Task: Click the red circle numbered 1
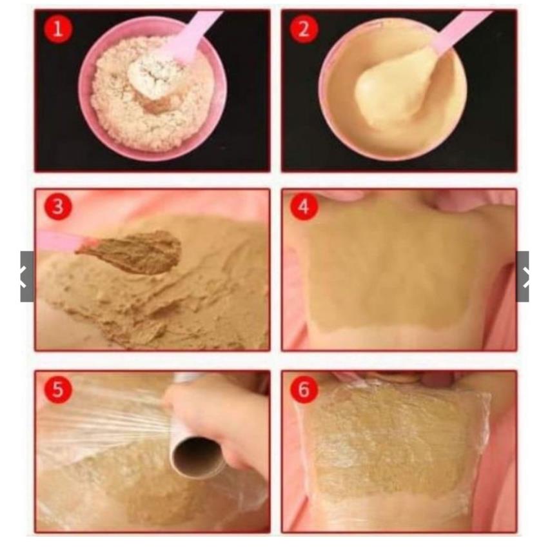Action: [x=58, y=29]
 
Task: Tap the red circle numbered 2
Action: [x=304, y=29]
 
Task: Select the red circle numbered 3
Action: [x=58, y=206]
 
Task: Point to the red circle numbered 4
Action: [x=304, y=206]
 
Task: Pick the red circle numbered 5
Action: [x=58, y=389]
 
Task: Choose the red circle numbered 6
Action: [x=304, y=389]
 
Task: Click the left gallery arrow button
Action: [x=26, y=276]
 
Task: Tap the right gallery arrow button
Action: [x=523, y=276]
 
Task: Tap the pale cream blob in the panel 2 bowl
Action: [x=389, y=88]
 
